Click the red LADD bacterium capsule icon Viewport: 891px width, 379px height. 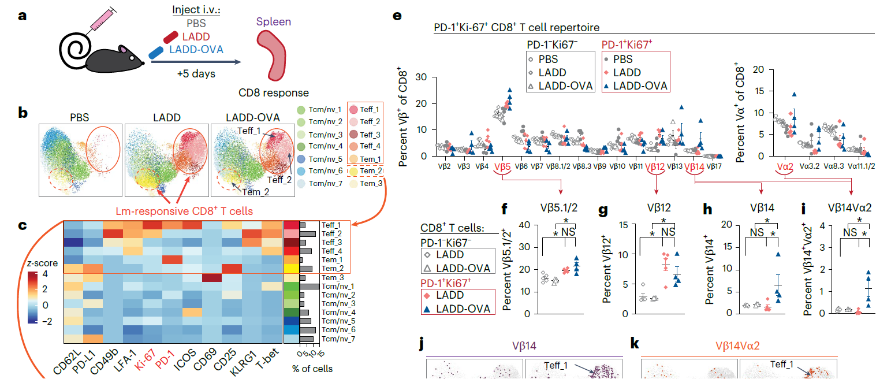click(x=173, y=37)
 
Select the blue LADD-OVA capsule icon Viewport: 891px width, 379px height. click(x=156, y=53)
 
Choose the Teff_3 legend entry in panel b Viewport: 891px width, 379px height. click(x=366, y=133)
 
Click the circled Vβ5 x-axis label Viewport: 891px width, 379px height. click(x=503, y=166)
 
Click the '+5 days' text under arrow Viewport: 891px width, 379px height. click(x=196, y=74)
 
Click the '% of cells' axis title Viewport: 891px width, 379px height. click(x=312, y=368)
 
